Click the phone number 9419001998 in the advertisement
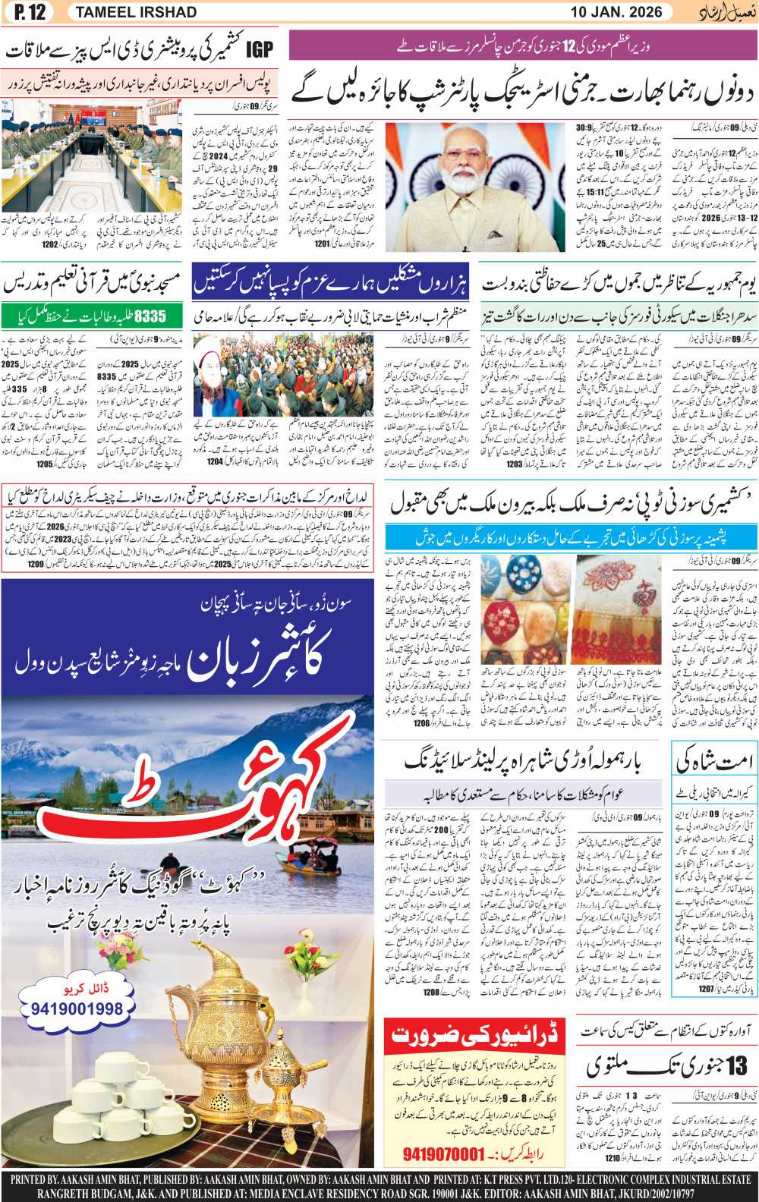pos(77,1009)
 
